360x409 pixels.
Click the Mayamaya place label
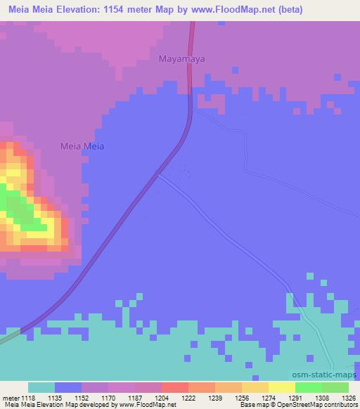[x=181, y=60]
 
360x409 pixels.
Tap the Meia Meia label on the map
[x=81, y=146]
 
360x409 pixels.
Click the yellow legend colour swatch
[x=281, y=387]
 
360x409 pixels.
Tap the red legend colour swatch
[x=174, y=387]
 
